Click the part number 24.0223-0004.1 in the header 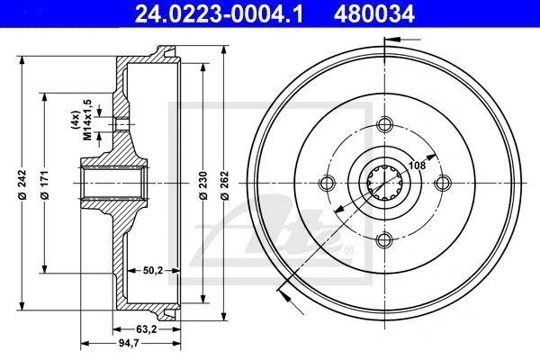219,14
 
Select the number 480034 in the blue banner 374,14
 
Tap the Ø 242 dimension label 22,184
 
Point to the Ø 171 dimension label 45,184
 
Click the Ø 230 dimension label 203,185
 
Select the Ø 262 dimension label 224,185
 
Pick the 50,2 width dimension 153,270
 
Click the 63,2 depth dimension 147,329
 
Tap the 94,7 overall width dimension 128,343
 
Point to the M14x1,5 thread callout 87,120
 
